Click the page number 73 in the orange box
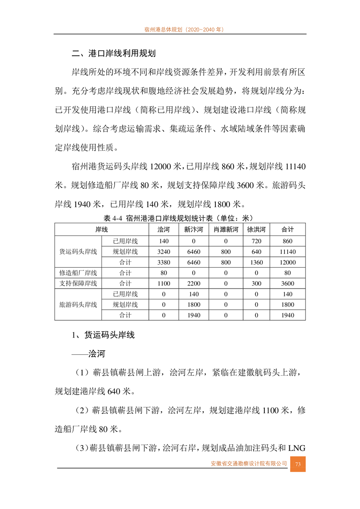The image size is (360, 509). pyautogui.click(x=298, y=464)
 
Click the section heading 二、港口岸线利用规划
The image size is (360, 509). pyautogui.click(x=114, y=54)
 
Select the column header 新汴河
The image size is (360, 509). pyautogui.click(x=193, y=230)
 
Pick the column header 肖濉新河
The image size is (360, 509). pyautogui.click(x=226, y=230)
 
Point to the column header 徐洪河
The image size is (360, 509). pyautogui.click(x=256, y=230)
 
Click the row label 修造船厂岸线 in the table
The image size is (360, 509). pyautogui.click(x=78, y=273)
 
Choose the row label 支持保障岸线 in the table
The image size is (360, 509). pyautogui.click(x=78, y=284)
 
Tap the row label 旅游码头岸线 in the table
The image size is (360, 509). pyautogui.click(x=78, y=305)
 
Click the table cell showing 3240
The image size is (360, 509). pyautogui.click(x=163, y=252)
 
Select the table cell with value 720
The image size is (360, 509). pyautogui.click(x=256, y=241)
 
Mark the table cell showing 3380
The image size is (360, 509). pyautogui.click(x=163, y=263)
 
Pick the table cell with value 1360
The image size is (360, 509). pyautogui.click(x=256, y=263)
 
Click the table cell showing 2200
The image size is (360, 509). pyautogui.click(x=193, y=284)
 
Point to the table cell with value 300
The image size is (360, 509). pyautogui.click(x=256, y=284)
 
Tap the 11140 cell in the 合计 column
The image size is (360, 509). pyautogui.click(x=288, y=252)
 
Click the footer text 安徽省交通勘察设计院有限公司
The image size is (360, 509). pyautogui.click(x=249, y=464)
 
